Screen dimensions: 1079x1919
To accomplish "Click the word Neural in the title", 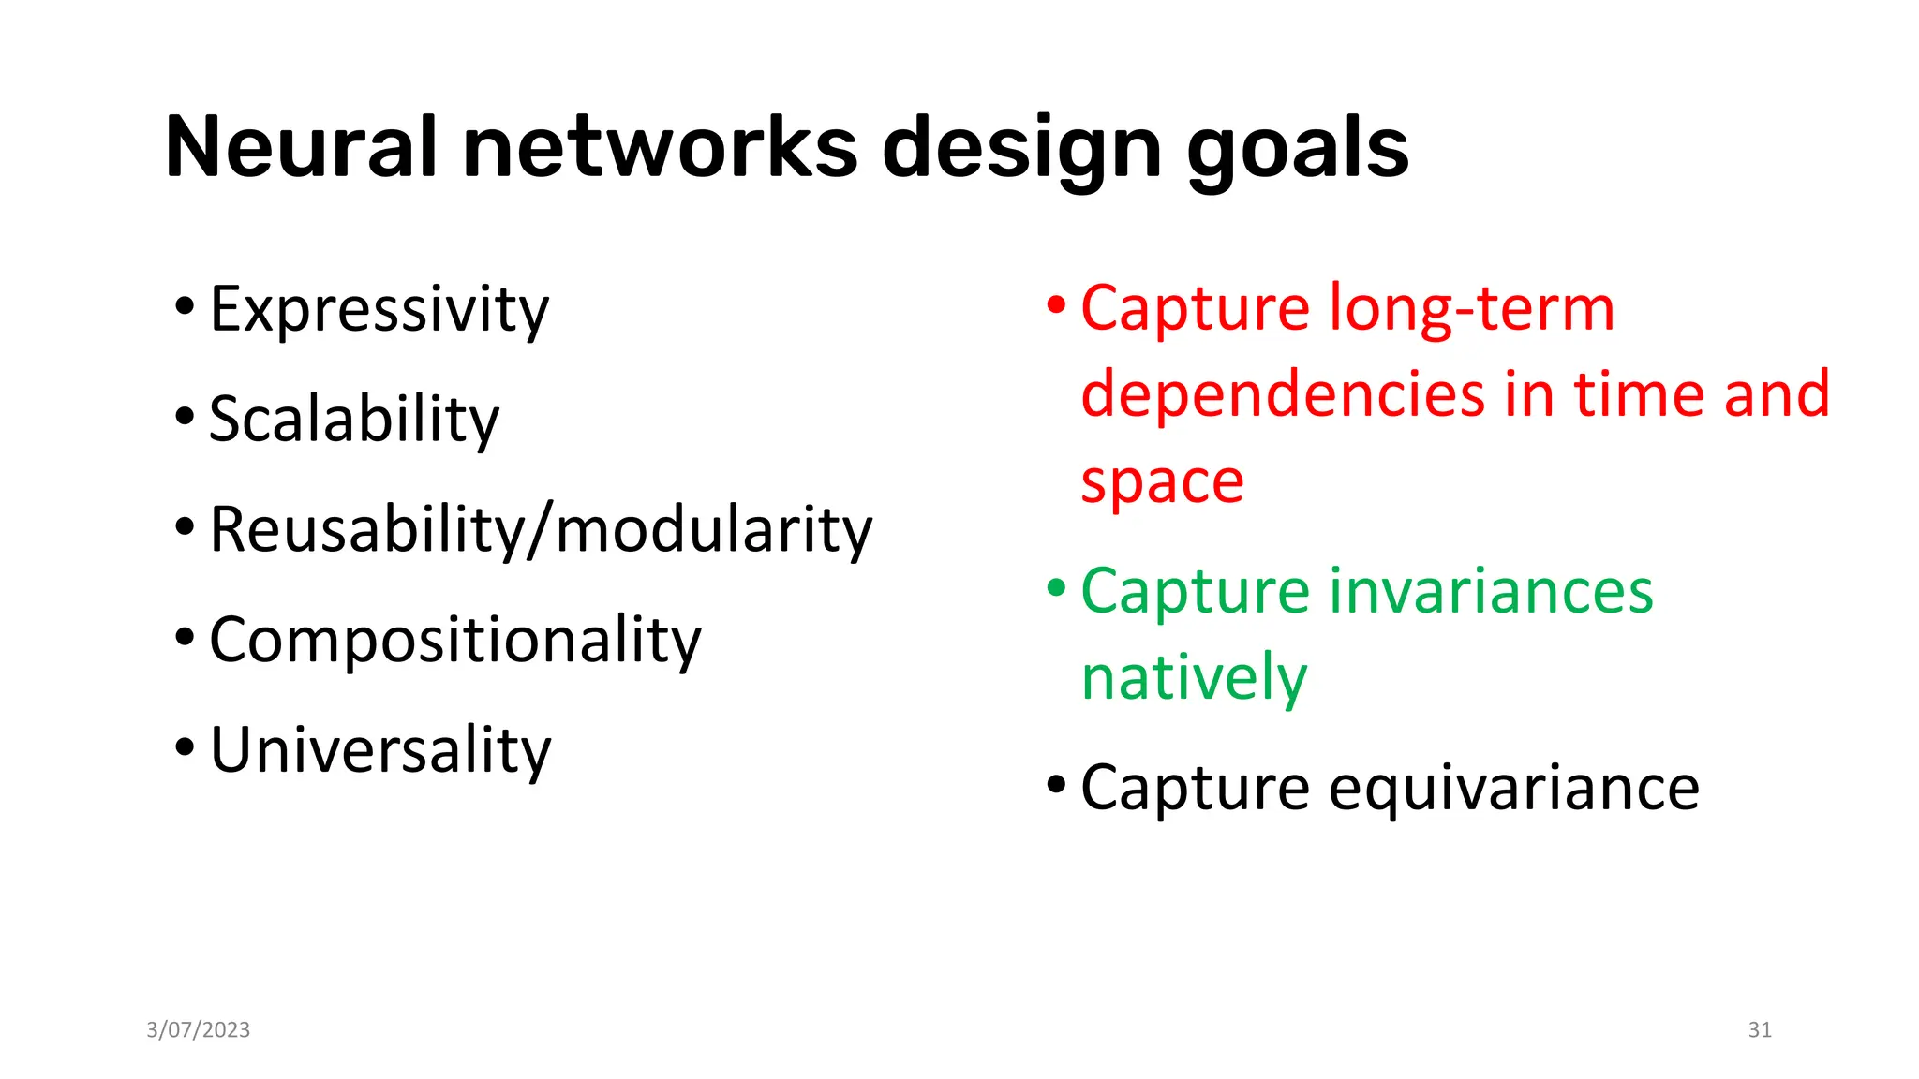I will click(x=301, y=147).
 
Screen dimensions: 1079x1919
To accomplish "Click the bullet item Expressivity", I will click(x=379, y=310).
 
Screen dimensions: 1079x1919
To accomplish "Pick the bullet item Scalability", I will click(x=353, y=419).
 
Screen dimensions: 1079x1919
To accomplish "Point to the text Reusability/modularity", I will click(x=541, y=530).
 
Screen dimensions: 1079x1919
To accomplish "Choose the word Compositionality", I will click(x=454, y=641).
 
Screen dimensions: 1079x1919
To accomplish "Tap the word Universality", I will click(x=380, y=750).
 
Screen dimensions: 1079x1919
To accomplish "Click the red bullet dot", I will click(x=1056, y=305).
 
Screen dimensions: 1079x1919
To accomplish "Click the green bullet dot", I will click(x=1056, y=588).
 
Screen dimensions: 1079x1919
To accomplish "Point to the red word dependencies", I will click(x=1283, y=393).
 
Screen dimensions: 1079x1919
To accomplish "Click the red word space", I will click(x=1162, y=482).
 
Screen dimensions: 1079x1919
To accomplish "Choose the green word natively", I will click(x=1193, y=678).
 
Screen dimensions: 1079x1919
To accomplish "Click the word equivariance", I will click(x=1513, y=788).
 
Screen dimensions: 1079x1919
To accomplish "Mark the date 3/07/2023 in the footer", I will click(x=199, y=1030).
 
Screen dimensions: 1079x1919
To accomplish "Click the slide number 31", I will click(x=1760, y=1030).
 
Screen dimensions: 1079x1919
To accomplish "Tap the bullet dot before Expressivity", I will click(x=185, y=305).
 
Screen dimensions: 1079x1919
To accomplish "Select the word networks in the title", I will click(x=660, y=147).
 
